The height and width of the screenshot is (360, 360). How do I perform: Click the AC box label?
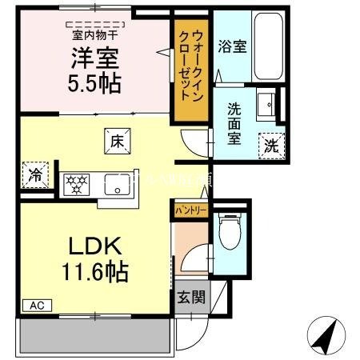pyautogui.click(x=36, y=304)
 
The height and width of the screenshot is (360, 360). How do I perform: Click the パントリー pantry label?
pyautogui.click(x=190, y=210)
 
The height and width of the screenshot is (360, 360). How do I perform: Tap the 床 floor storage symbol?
pyautogui.click(x=114, y=142)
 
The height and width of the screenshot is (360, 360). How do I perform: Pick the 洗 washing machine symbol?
pyautogui.click(x=272, y=146)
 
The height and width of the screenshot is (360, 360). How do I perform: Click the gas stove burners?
pyautogui.click(x=78, y=183)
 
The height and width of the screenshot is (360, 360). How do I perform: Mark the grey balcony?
pyautogui.click(x=94, y=336)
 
